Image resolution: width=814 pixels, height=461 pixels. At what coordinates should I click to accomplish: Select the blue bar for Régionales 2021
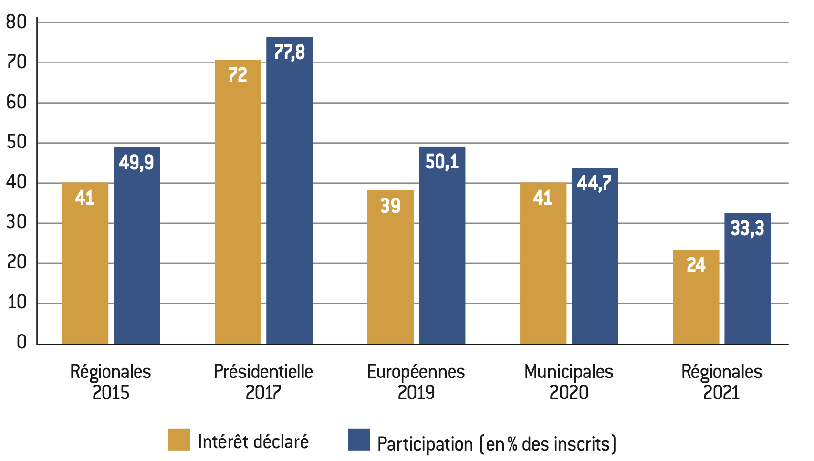[747, 286]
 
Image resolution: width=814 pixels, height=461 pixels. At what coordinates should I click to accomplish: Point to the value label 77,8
[289, 52]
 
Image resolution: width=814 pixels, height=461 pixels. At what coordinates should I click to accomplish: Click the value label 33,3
[747, 228]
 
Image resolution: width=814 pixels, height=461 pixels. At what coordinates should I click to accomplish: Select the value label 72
[238, 75]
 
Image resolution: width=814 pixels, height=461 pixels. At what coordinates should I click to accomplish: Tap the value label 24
[696, 265]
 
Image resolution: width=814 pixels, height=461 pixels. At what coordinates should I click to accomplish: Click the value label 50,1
[442, 162]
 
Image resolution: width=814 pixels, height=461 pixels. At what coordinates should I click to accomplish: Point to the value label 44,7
[595, 183]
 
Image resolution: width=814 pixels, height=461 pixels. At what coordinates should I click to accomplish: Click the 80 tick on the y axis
[17, 22]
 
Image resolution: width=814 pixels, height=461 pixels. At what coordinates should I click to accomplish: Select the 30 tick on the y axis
[17, 222]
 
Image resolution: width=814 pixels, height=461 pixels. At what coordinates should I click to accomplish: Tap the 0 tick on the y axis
[21, 342]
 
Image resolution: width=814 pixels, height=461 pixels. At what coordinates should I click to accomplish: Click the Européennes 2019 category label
[416, 382]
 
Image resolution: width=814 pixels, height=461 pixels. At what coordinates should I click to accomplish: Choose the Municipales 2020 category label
[569, 382]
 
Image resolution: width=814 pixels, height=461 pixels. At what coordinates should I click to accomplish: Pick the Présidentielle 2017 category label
[263, 382]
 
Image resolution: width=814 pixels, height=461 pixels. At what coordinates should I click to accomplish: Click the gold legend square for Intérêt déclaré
[179, 440]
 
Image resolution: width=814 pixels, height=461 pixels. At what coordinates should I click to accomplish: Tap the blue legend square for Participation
[359, 440]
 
